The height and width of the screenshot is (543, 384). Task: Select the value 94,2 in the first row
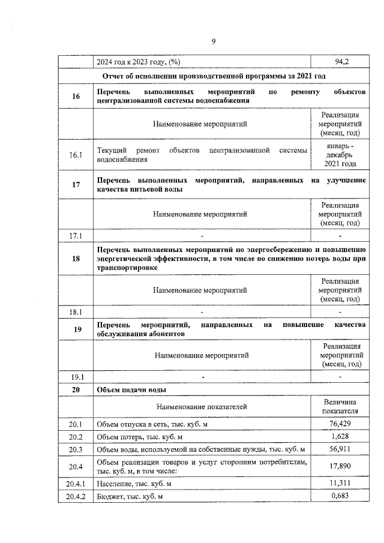tap(340, 62)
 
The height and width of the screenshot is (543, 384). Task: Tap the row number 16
tap(76, 97)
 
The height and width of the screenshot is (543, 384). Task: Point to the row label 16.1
tap(76, 155)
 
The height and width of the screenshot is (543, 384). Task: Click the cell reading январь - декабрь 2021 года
tap(340, 155)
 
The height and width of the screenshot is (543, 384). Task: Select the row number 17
tap(76, 185)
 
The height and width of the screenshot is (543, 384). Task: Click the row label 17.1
tap(76, 235)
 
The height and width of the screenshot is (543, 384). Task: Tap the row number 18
tap(76, 259)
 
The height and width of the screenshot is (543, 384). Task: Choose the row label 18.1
tap(76, 311)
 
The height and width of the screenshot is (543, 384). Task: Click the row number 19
tap(76, 329)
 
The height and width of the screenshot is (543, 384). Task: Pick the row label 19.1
tap(76, 377)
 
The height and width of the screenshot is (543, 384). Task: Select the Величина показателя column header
tap(340, 407)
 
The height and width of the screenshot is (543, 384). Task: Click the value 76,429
tap(340, 424)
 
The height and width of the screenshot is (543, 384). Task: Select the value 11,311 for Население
tap(340, 483)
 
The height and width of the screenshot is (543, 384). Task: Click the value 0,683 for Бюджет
tap(340, 496)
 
